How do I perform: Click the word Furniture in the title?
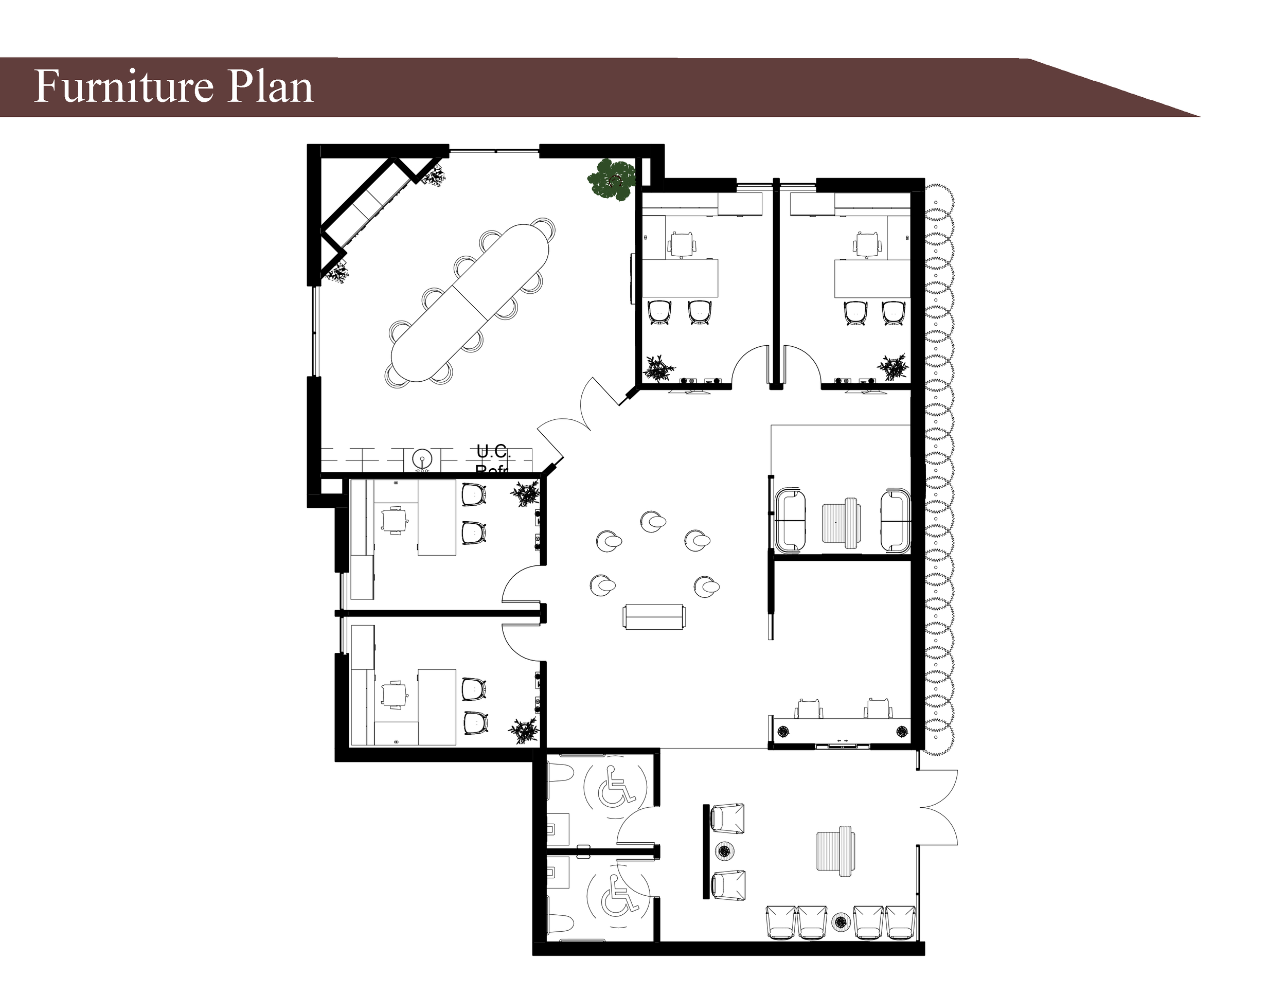[x=123, y=86]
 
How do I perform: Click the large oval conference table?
[x=470, y=303]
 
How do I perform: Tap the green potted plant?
[x=612, y=179]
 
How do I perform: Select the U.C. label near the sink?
[x=493, y=452]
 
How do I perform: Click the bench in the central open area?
[x=654, y=616]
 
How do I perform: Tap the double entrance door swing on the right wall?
[x=939, y=807]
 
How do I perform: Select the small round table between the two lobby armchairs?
[x=724, y=850]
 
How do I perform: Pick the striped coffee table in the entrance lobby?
[x=835, y=851]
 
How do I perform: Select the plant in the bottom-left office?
[x=522, y=730]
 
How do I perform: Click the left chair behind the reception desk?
[x=809, y=708]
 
